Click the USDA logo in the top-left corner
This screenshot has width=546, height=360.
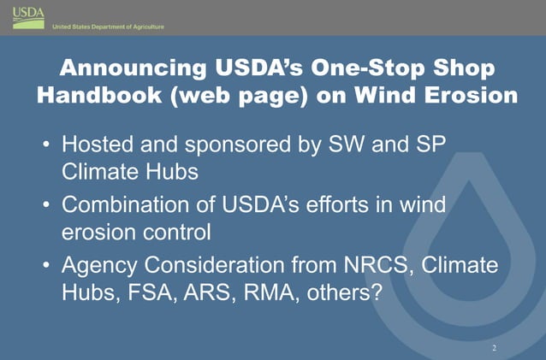[27, 16]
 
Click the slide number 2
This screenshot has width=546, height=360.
[494, 348]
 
